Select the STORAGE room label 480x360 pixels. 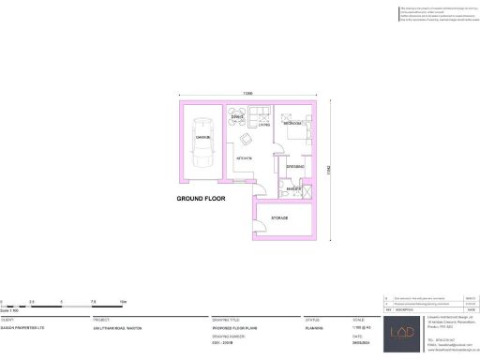278,217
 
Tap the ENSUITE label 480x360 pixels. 292,188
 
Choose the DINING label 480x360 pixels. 237,117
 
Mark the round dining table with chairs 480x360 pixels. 238,113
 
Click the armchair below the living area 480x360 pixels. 245,140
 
